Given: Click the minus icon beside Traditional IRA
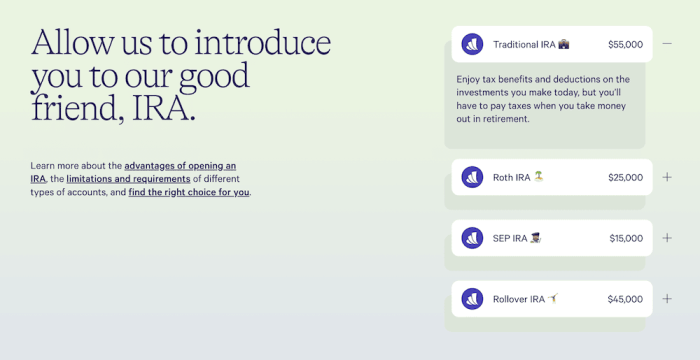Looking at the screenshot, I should click(x=667, y=44).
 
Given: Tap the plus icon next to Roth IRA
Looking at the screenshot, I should click(x=667, y=177).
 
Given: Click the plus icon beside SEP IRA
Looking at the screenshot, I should click(x=667, y=238).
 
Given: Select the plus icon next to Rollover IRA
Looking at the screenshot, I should click(x=667, y=299).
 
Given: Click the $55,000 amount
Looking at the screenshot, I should click(x=625, y=45).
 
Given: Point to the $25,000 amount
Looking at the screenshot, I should click(x=625, y=178).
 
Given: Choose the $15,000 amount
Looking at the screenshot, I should click(x=626, y=239).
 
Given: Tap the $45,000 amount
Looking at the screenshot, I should click(x=625, y=299).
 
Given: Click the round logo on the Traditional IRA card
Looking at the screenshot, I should click(x=472, y=44).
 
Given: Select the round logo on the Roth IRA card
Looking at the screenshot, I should click(x=472, y=177).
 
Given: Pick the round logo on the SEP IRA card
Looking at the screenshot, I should click(x=472, y=238).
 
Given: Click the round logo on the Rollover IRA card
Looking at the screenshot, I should click(x=472, y=299).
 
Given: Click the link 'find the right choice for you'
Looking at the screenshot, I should click(x=189, y=192).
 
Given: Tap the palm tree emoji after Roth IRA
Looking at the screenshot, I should click(x=539, y=177).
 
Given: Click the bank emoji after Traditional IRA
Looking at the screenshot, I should click(x=564, y=44).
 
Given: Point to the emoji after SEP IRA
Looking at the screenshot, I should click(x=536, y=238).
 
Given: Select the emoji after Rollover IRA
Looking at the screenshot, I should click(x=554, y=298).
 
